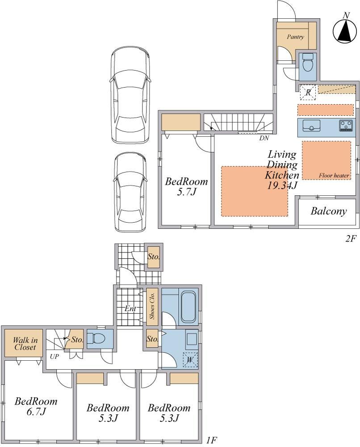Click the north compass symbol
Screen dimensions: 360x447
tap(345, 30)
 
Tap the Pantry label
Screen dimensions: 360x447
tap(295, 37)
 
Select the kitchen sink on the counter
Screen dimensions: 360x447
tap(311, 126)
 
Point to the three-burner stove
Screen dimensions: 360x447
tap(346, 126)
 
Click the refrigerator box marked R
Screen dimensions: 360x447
tap(308, 93)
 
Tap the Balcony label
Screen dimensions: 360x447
tap(329, 211)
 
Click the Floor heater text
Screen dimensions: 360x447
tap(334, 175)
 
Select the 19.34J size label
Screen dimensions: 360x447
tap(282, 186)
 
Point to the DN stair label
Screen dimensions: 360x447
tap(264, 138)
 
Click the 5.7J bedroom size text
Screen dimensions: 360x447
tap(187, 192)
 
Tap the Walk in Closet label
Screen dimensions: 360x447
tap(25, 343)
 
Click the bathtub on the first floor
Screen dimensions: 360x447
tap(188, 307)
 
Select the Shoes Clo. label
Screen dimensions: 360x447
tap(152, 306)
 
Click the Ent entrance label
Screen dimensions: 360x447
tap(130, 308)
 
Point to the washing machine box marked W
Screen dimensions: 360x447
tap(190, 360)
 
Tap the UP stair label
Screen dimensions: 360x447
tap(54, 356)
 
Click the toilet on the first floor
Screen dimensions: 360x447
tap(96, 338)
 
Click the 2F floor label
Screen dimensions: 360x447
tap(351, 238)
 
